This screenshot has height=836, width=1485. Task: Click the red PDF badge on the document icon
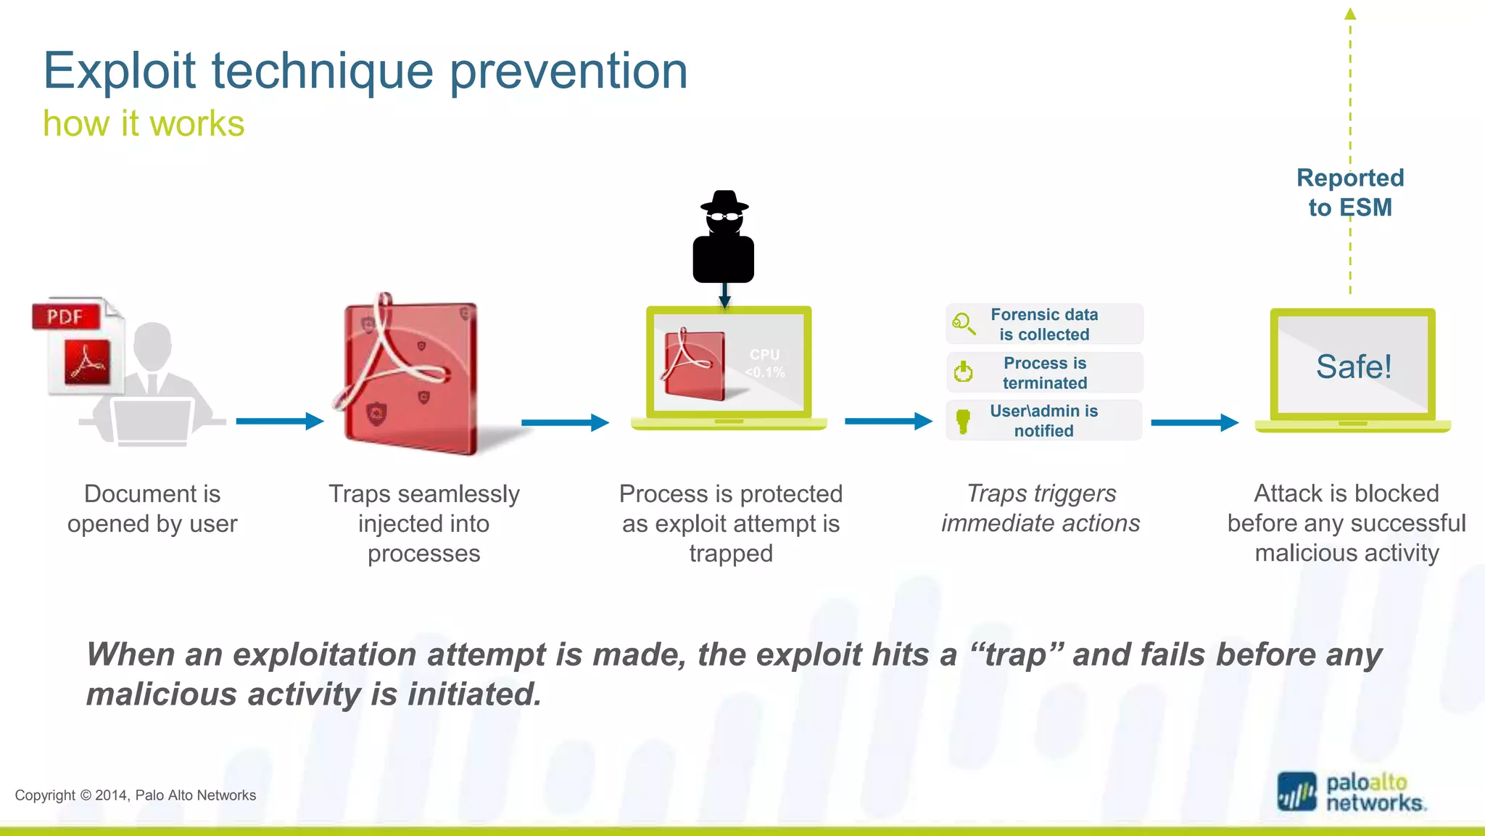[66, 316]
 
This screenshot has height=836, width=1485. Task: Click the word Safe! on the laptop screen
[1353, 366]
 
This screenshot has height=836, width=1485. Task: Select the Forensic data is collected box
[1044, 324]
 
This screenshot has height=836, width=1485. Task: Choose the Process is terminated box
[1044, 372]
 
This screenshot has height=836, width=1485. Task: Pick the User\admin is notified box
[1044, 420]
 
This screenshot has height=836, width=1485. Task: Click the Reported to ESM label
[1350, 192]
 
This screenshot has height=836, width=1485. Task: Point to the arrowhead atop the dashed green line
[1350, 13]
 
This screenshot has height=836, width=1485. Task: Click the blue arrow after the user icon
[279, 421]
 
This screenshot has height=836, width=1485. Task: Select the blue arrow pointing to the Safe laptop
[1194, 422]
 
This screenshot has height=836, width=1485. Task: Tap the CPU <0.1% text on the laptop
[765, 364]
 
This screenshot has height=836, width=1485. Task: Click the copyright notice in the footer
[136, 795]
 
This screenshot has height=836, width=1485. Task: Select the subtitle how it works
[144, 123]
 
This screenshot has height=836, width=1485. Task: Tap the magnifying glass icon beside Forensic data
[963, 323]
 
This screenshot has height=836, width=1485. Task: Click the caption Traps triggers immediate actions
[1041, 508]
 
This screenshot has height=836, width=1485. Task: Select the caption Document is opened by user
[152, 508]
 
